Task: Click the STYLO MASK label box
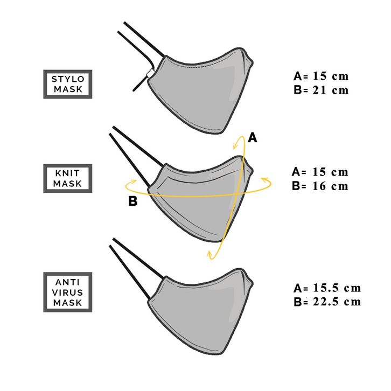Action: tap(67, 83)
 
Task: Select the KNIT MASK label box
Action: tap(67, 178)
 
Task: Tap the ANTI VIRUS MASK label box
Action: tap(67, 292)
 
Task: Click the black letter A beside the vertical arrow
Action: tap(252, 138)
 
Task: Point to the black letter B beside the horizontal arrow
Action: tap(133, 202)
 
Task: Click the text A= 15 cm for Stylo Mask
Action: tap(321, 76)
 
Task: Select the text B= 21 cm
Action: tap(321, 90)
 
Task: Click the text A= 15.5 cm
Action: tap(327, 288)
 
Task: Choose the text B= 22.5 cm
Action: tap(327, 302)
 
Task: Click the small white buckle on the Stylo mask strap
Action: tap(148, 73)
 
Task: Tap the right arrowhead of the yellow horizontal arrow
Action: tap(263, 178)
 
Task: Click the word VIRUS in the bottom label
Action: tap(67, 292)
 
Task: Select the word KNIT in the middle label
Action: tap(67, 173)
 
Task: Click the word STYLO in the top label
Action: tap(67, 79)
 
